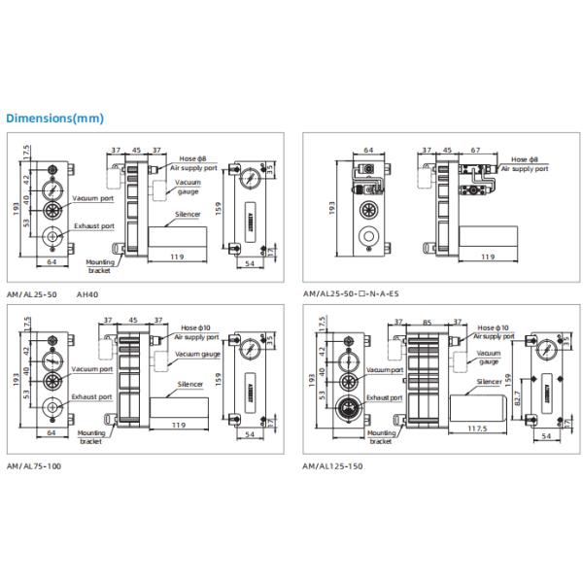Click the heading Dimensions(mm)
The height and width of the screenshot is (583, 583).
click(54, 119)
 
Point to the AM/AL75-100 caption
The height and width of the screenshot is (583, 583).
click(33, 466)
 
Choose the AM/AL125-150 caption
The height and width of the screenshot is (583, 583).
click(333, 466)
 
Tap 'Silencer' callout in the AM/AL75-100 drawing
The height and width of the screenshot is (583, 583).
click(190, 385)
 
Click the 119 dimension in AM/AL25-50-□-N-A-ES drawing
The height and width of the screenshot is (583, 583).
click(485, 257)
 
